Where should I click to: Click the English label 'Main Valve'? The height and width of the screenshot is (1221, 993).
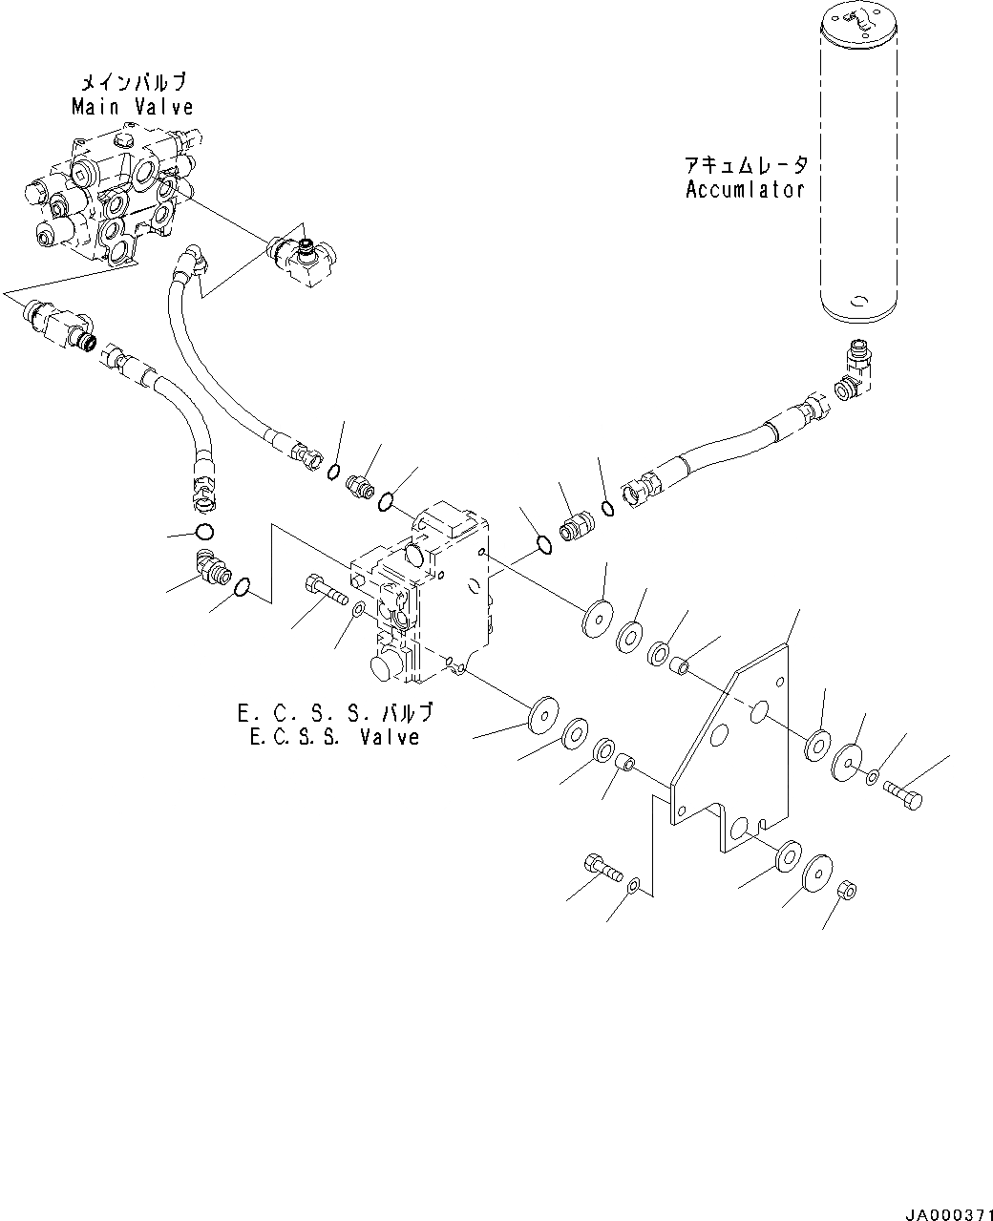click(x=133, y=108)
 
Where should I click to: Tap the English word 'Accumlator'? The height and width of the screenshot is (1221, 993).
click(x=745, y=189)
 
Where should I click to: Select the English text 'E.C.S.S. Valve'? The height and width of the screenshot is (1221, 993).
click(x=333, y=737)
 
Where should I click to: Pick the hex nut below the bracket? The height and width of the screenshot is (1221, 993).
click(x=845, y=891)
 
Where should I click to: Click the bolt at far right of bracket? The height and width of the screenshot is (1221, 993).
click(x=903, y=795)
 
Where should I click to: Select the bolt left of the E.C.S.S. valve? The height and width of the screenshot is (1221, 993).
click(x=325, y=587)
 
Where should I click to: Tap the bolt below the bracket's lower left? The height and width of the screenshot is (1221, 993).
click(x=600, y=867)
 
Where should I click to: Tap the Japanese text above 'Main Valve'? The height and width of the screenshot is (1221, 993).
click(x=133, y=84)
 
